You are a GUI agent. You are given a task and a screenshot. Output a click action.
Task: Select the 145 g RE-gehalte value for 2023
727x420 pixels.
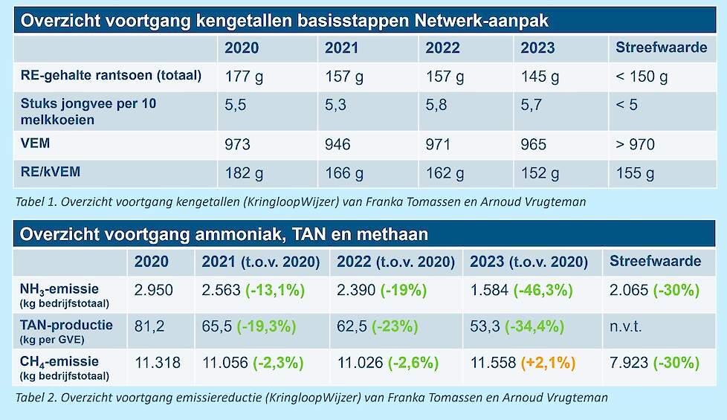click(540, 77)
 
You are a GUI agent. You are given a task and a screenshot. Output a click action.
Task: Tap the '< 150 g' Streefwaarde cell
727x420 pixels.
click(642, 77)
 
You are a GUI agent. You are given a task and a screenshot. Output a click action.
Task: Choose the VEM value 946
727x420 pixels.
click(339, 144)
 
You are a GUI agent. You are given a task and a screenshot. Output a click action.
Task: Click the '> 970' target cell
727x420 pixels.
click(636, 144)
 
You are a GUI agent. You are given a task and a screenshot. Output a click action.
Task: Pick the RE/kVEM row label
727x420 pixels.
click(51, 172)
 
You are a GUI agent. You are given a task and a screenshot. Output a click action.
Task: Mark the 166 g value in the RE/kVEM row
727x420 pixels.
click(344, 173)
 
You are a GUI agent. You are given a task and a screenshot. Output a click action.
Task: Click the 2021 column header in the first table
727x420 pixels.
click(341, 48)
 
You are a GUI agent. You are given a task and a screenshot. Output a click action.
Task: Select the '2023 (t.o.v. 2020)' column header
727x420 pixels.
click(529, 262)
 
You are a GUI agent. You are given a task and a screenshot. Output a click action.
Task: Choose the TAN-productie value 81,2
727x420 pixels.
click(148, 326)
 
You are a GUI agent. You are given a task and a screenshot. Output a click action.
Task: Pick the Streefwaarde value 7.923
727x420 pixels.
click(629, 364)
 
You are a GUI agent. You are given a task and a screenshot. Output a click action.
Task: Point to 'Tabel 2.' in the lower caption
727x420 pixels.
click(35, 397)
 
